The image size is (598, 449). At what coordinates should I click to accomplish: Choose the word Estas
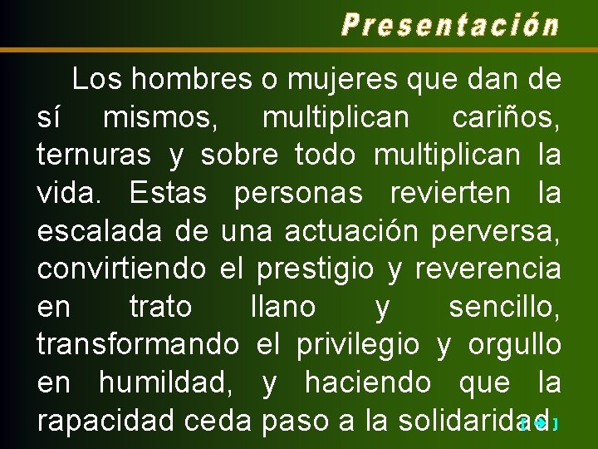[168, 193]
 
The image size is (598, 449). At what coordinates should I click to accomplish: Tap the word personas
[298, 194]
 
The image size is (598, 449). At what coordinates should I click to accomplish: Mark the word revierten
[448, 193]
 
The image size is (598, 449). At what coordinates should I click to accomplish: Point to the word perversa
[496, 232]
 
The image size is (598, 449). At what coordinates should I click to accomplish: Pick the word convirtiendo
[121, 269]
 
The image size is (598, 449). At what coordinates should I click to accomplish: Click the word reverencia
[488, 269]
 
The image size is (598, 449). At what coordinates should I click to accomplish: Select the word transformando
[138, 345]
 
